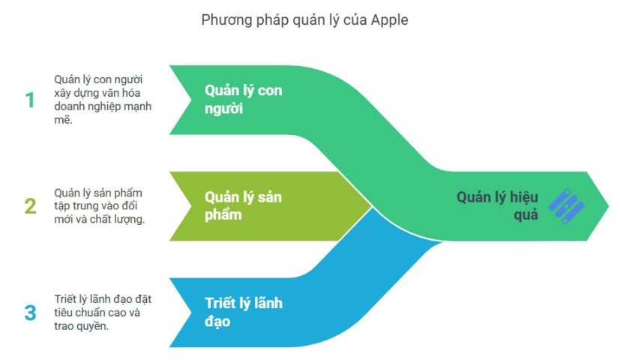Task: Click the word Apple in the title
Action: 389,20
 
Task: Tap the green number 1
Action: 30,100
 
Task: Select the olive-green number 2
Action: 31,206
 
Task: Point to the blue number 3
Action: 31,313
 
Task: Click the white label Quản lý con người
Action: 244,99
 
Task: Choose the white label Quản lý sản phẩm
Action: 243,205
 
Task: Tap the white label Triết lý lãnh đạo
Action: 244,312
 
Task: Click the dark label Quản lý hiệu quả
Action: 497,205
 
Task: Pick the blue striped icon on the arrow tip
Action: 566,206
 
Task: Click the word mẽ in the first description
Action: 62,119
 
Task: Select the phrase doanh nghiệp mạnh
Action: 103,106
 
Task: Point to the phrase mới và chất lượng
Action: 99,219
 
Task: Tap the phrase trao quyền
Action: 81,326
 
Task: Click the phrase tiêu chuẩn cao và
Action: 97,313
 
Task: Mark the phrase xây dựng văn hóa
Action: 97,93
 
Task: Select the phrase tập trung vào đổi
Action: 96,206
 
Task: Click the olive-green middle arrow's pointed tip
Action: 372,206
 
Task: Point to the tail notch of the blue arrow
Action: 191,313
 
